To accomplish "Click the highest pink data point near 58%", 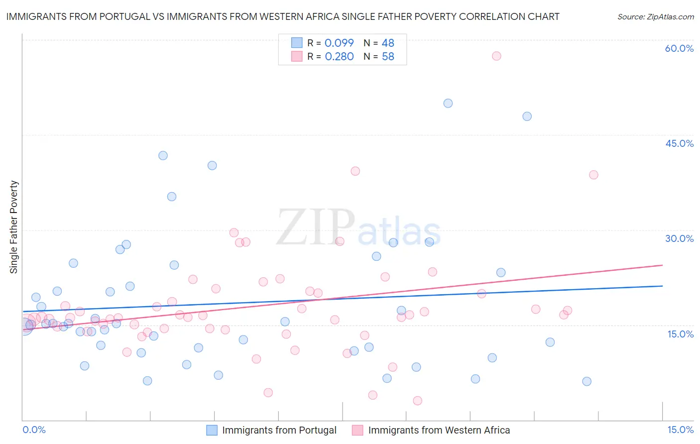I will click(x=496, y=56).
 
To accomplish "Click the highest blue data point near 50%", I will click(x=448, y=103).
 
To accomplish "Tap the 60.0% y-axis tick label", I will click(x=679, y=48).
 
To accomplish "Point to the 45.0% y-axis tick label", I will click(x=679, y=143).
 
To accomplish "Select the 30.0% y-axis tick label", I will click(x=679, y=238).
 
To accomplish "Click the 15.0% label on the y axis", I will click(x=680, y=334).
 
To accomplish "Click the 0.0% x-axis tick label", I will click(x=34, y=430).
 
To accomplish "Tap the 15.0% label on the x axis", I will click(x=680, y=430).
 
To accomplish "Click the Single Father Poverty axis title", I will click(x=13, y=227).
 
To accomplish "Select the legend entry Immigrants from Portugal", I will click(x=279, y=430).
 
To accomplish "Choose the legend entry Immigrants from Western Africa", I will click(x=439, y=430).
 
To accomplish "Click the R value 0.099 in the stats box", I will click(x=339, y=43).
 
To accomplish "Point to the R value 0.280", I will click(x=339, y=56).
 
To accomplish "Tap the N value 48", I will click(x=388, y=43).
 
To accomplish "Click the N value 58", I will click(x=388, y=56).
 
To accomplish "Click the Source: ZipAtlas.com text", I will click(x=655, y=16).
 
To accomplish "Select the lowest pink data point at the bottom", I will click(x=418, y=401).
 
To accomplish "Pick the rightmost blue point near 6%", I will click(x=587, y=381).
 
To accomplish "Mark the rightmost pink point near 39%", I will click(x=593, y=175).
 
